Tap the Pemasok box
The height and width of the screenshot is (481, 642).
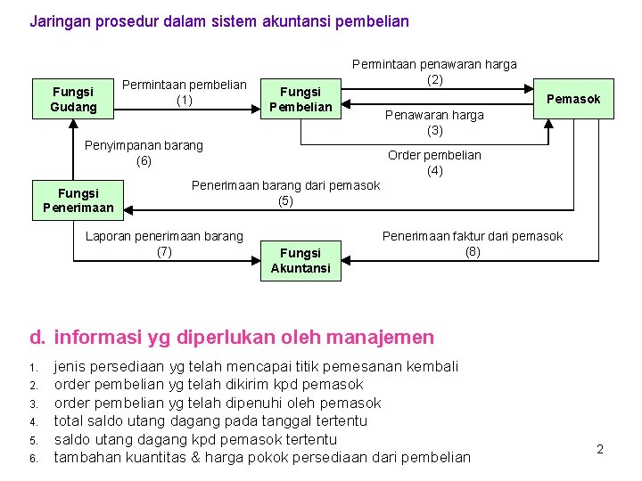[573, 99]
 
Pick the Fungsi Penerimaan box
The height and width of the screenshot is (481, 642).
[78, 200]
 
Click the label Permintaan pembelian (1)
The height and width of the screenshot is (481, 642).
[185, 92]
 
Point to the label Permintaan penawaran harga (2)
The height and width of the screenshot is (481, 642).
[434, 71]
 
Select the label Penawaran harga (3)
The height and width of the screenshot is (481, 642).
[434, 122]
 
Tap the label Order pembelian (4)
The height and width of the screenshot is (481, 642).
[434, 162]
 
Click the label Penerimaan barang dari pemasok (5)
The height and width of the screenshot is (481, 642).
[285, 192]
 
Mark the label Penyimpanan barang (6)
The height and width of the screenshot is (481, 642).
[144, 152]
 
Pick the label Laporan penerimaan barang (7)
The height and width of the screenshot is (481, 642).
[163, 243]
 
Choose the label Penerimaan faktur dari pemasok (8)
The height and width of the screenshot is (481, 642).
[473, 243]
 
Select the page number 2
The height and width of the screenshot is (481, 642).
[600, 449]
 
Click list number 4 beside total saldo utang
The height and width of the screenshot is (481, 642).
[32, 421]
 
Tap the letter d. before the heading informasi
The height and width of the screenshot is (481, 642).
[37, 337]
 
